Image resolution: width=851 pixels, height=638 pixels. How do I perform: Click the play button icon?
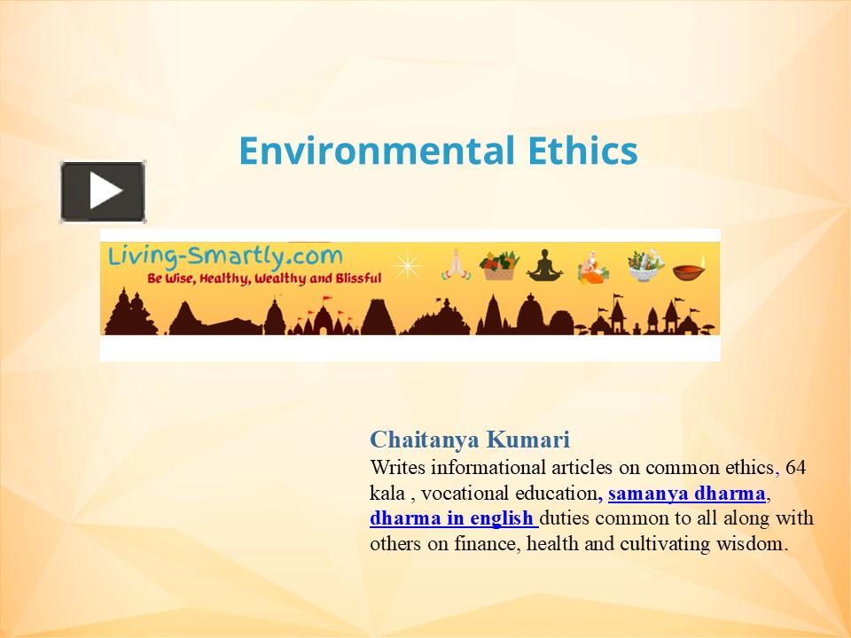click(103, 191)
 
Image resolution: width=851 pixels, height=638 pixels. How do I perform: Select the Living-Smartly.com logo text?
click(224, 256)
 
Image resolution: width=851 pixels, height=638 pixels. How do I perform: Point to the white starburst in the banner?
click(407, 265)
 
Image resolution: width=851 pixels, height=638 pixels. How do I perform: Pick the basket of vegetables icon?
click(498, 265)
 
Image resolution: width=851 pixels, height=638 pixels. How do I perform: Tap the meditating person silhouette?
click(544, 265)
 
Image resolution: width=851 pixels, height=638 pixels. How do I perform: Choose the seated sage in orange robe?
click(592, 265)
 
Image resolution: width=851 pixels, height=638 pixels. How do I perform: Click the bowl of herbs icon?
click(645, 265)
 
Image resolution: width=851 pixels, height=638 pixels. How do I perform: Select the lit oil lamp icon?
click(691, 269)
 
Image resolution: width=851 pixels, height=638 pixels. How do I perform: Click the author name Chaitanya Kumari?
click(470, 440)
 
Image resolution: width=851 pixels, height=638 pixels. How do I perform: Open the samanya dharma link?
click(686, 493)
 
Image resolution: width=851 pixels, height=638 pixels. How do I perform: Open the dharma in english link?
click(452, 518)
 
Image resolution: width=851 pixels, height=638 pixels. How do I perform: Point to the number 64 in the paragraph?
click(795, 467)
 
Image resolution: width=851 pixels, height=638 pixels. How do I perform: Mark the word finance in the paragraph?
click(484, 544)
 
